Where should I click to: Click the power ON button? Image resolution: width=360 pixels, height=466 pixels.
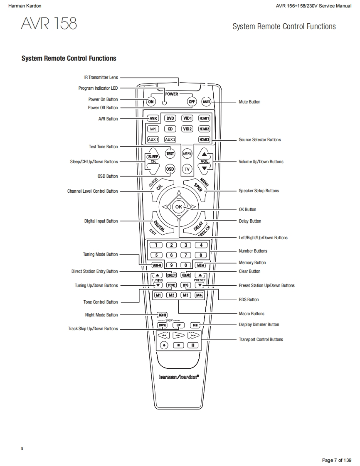[x=150, y=102]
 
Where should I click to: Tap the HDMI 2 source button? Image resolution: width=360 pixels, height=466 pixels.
[x=204, y=129]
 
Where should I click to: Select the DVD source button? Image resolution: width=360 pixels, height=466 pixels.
[x=170, y=118]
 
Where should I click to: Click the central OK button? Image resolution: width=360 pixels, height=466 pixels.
[x=178, y=206]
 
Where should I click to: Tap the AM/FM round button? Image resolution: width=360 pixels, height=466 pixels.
[x=187, y=153]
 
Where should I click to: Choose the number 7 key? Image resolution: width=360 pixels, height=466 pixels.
[x=186, y=255]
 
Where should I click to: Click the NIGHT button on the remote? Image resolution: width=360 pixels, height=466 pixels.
[x=162, y=315]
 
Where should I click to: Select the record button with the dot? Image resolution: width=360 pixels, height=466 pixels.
[x=164, y=345]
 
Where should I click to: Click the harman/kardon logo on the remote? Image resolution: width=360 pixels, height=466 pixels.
[x=179, y=377]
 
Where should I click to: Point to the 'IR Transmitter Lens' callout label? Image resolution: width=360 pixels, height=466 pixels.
[x=101, y=77]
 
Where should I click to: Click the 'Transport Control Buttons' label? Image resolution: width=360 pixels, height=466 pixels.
[x=261, y=339]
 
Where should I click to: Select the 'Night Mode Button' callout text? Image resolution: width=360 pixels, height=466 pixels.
[x=101, y=315]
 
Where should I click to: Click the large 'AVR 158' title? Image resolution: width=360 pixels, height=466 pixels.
[x=49, y=24]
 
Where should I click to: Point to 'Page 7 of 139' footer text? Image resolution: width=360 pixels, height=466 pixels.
[x=337, y=460]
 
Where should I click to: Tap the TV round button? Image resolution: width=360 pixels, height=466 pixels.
[x=187, y=169]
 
